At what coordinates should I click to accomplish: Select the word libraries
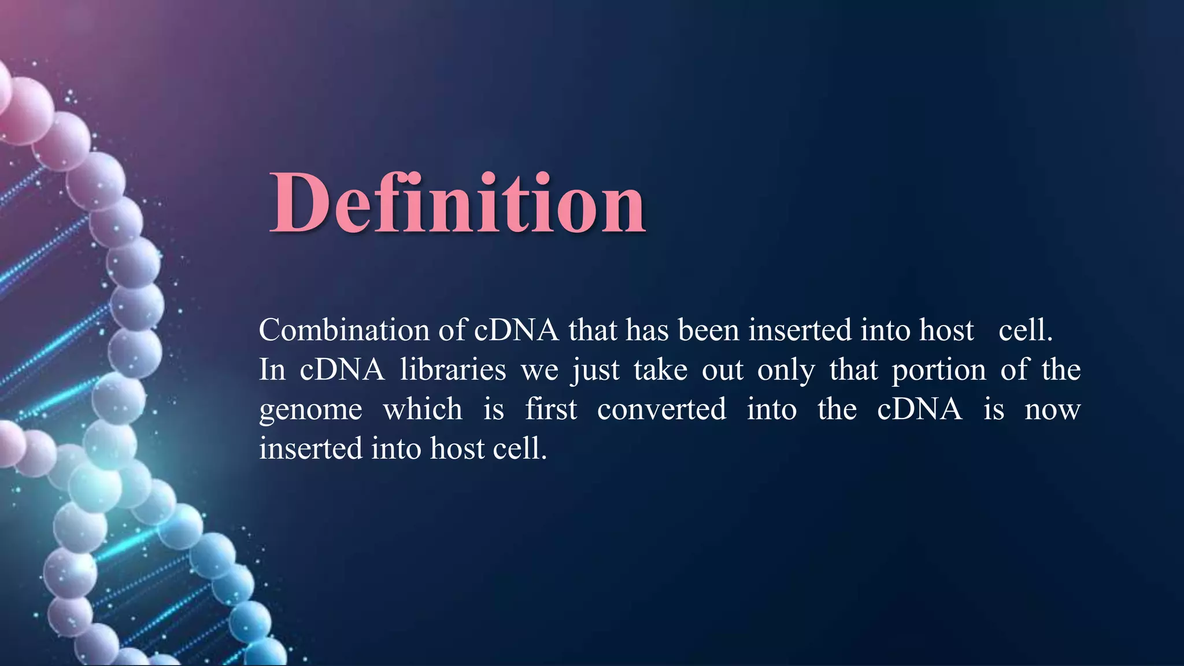453,370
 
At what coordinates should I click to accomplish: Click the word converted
661,409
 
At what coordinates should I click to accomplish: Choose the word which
423,409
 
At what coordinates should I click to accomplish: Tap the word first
551,409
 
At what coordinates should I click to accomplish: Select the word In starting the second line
272,370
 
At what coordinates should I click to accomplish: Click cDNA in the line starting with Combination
516,331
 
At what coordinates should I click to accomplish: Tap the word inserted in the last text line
310,449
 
